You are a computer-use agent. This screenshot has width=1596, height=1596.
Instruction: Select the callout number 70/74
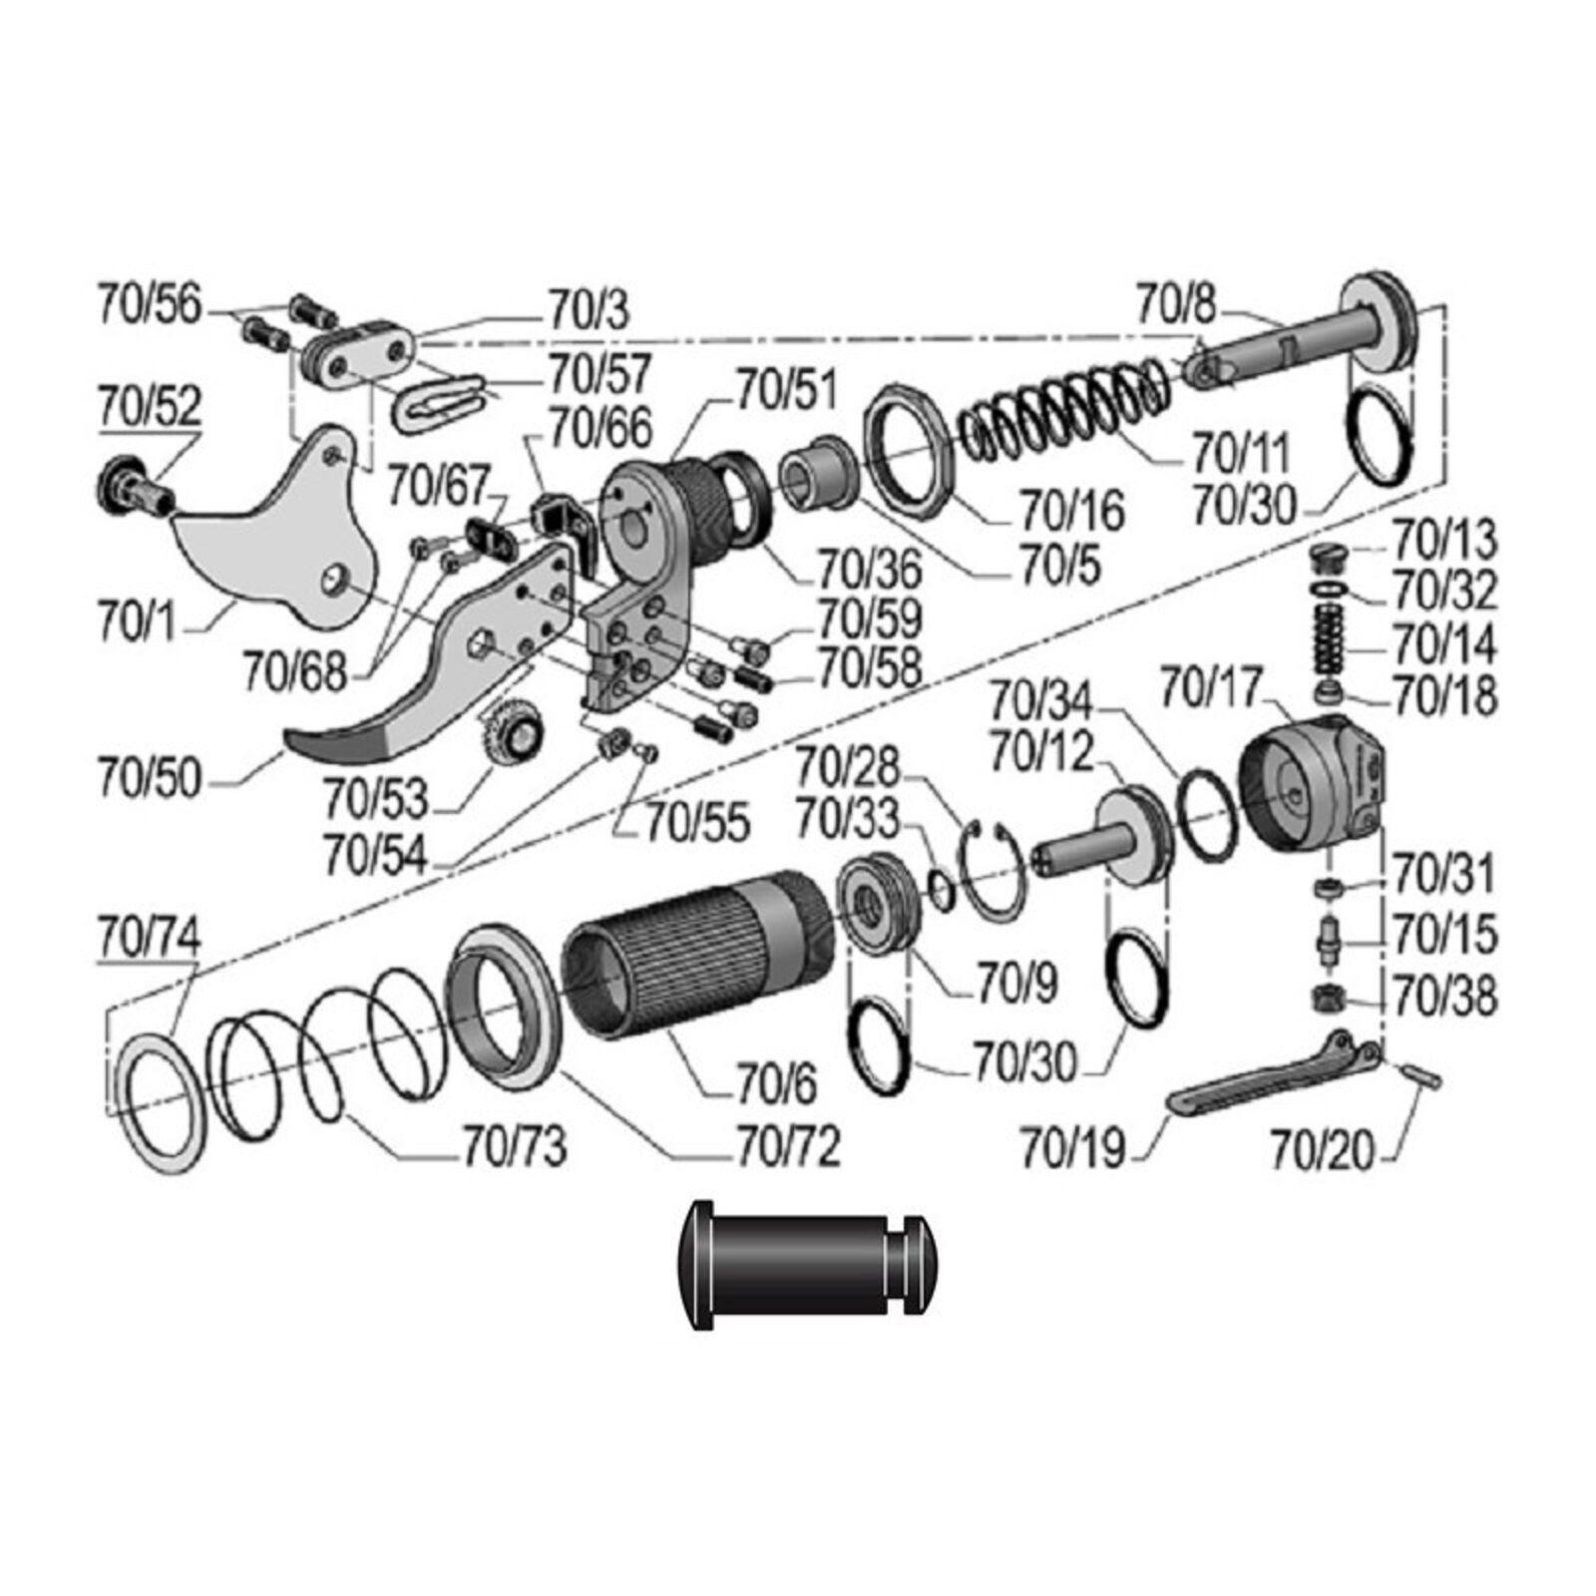[149, 936]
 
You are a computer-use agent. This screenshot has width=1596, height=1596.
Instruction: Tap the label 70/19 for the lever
[1072, 1148]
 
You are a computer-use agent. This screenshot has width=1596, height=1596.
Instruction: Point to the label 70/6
[776, 1083]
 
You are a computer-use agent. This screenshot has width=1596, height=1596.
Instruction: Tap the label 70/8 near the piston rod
[1176, 303]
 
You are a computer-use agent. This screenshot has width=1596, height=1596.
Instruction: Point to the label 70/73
[515, 1146]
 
